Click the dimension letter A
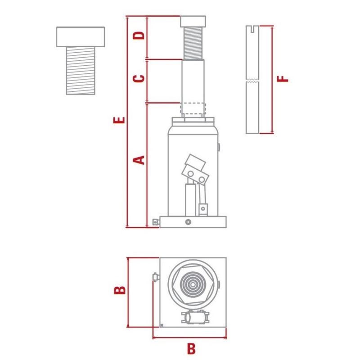[x=139, y=160]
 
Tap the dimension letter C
[x=139, y=78]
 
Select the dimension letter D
[x=139, y=35]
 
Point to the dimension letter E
[x=119, y=120]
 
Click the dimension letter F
[x=283, y=79]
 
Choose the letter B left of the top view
[x=120, y=290]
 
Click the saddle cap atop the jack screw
[x=193, y=21]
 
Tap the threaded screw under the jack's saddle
[x=193, y=43]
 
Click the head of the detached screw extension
[x=81, y=37]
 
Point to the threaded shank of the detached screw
[x=81, y=71]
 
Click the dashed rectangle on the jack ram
[x=193, y=108]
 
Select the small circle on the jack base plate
[x=188, y=222]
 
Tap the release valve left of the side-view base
[x=156, y=222]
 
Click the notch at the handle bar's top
[x=252, y=29]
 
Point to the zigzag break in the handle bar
[x=252, y=81]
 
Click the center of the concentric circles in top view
[x=193, y=284]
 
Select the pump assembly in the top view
[x=195, y=317]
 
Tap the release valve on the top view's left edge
[x=156, y=277]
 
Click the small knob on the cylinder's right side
[x=219, y=147]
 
